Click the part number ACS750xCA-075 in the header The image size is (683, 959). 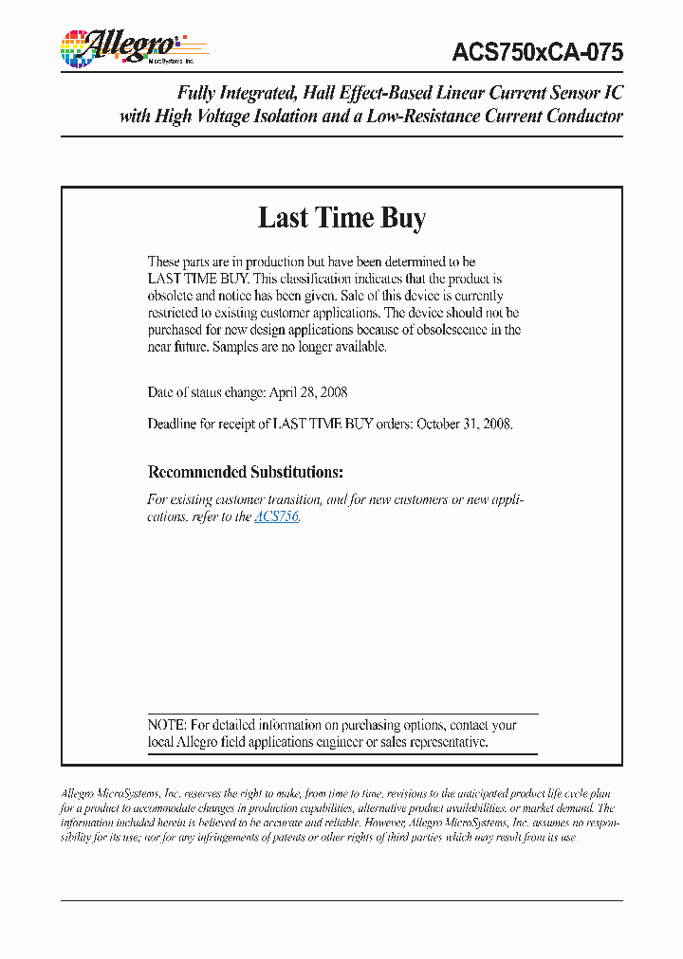(x=539, y=52)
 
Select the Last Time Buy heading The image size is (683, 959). (x=341, y=218)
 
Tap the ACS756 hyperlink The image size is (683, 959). (x=277, y=517)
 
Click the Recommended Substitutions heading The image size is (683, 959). (x=246, y=472)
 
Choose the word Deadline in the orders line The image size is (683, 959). (x=172, y=424)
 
